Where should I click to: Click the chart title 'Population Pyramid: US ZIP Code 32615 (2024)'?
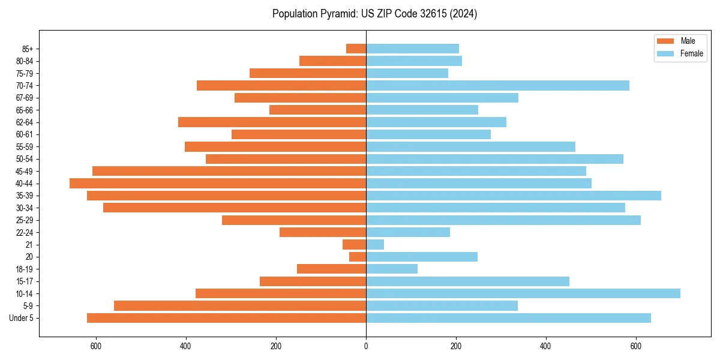tap(374, 14)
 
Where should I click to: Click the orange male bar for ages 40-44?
tap(218, 184)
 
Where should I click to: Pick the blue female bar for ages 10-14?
tap(523, 293)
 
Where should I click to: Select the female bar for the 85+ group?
tap(412, 49)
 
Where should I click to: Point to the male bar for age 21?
tap(354, 245)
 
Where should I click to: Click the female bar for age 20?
tap(422, 257)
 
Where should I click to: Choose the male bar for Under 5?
tap(226, 318)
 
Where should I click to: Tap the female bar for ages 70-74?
tap(497, 86)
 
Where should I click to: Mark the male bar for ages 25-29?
tap(294, 220)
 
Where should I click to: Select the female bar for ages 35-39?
tap(514, 196)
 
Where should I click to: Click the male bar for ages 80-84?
tap(332, 61)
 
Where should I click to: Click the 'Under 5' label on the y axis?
tap(22, 318)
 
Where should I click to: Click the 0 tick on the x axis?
tap(366, 346)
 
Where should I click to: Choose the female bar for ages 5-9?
tap(442, 306)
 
